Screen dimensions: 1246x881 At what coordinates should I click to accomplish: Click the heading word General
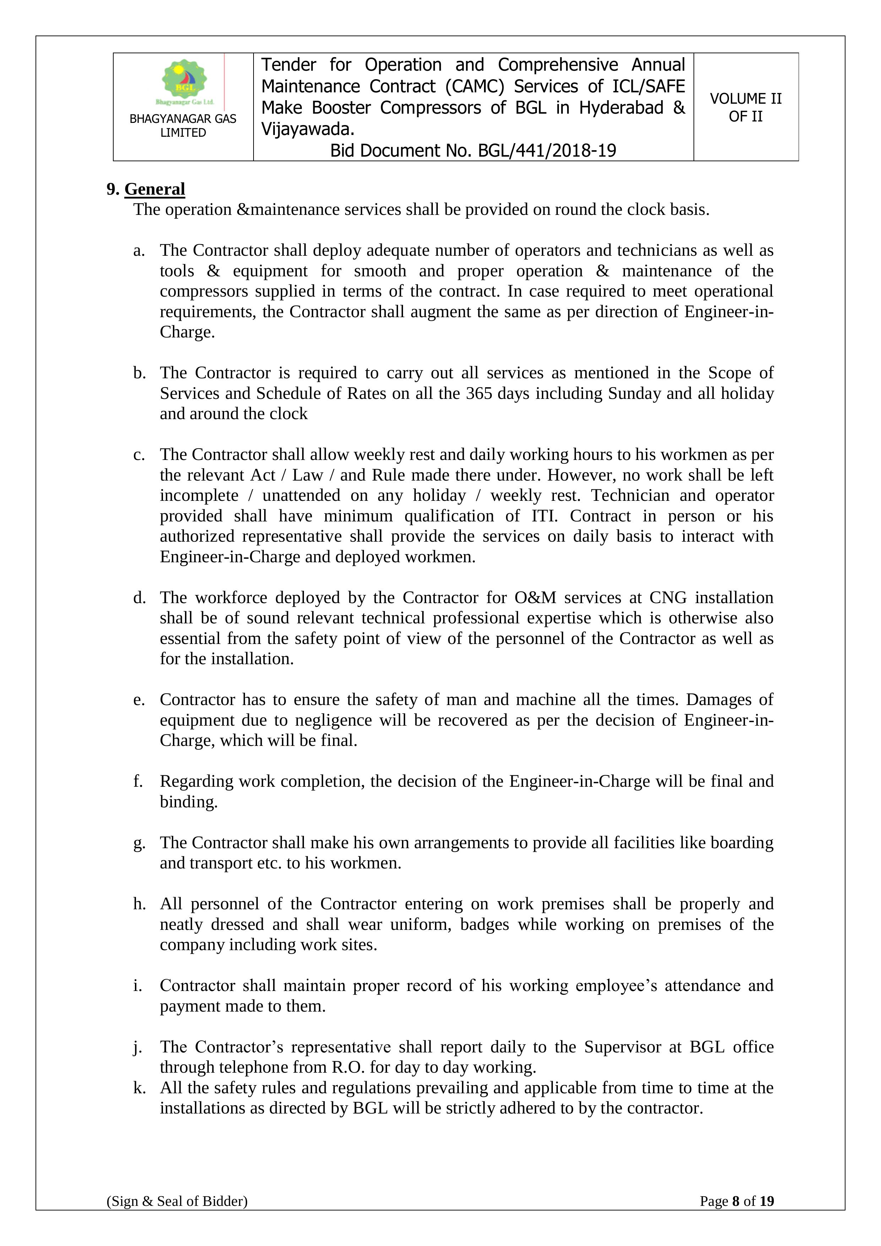coord(154,189)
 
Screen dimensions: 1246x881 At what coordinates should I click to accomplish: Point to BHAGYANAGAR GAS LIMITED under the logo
coord(183,125)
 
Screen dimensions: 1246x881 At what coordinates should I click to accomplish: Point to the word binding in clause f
coord(188,802)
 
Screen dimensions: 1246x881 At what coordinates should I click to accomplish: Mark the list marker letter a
coord(138,251)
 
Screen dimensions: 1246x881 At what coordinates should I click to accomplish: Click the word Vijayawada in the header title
coord(306,129)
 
